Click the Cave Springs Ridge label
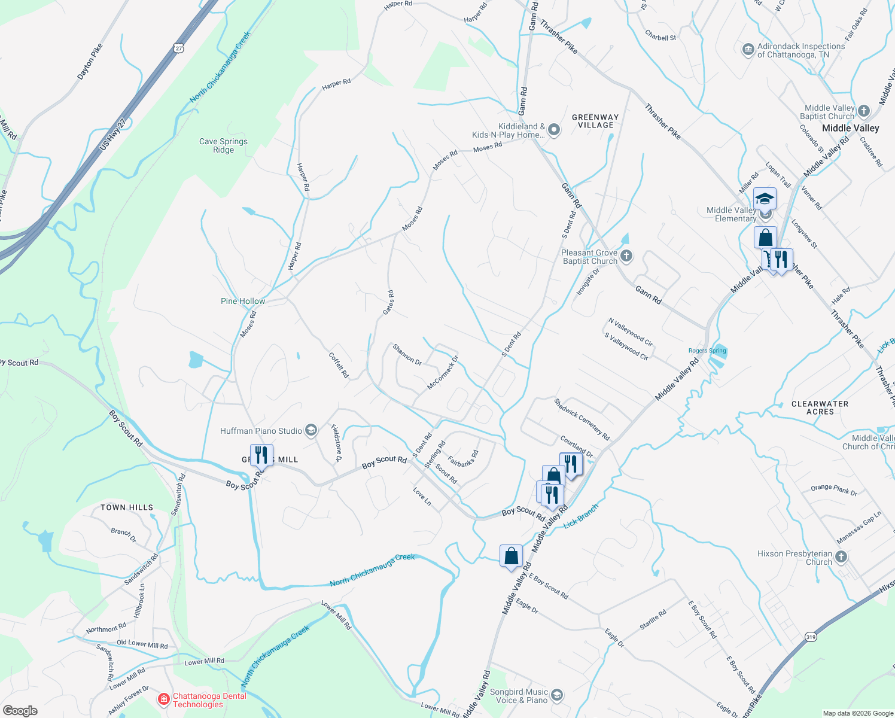click(223, 145)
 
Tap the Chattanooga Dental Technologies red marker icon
click(163, 699)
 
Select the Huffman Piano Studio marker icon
click(310, 430)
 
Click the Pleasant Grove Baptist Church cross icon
click(626, 256)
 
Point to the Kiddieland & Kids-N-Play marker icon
click(554, 130)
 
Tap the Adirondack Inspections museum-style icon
click(748, 50)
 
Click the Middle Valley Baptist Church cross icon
click(863, 111)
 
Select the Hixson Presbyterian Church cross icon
click(841, 557)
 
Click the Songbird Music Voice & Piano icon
click(557, 695)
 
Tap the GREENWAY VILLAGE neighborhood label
click(595, 121)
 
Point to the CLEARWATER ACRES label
click(820, 407)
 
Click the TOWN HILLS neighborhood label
click(127, 507)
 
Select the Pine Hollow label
click(243, 301)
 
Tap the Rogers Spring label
click(707, 351)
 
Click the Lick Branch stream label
click(581, 515)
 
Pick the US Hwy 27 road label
click(113, 133)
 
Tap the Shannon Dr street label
click(407, 354)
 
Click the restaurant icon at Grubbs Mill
click(261, 455)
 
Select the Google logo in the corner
click(20, 711)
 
